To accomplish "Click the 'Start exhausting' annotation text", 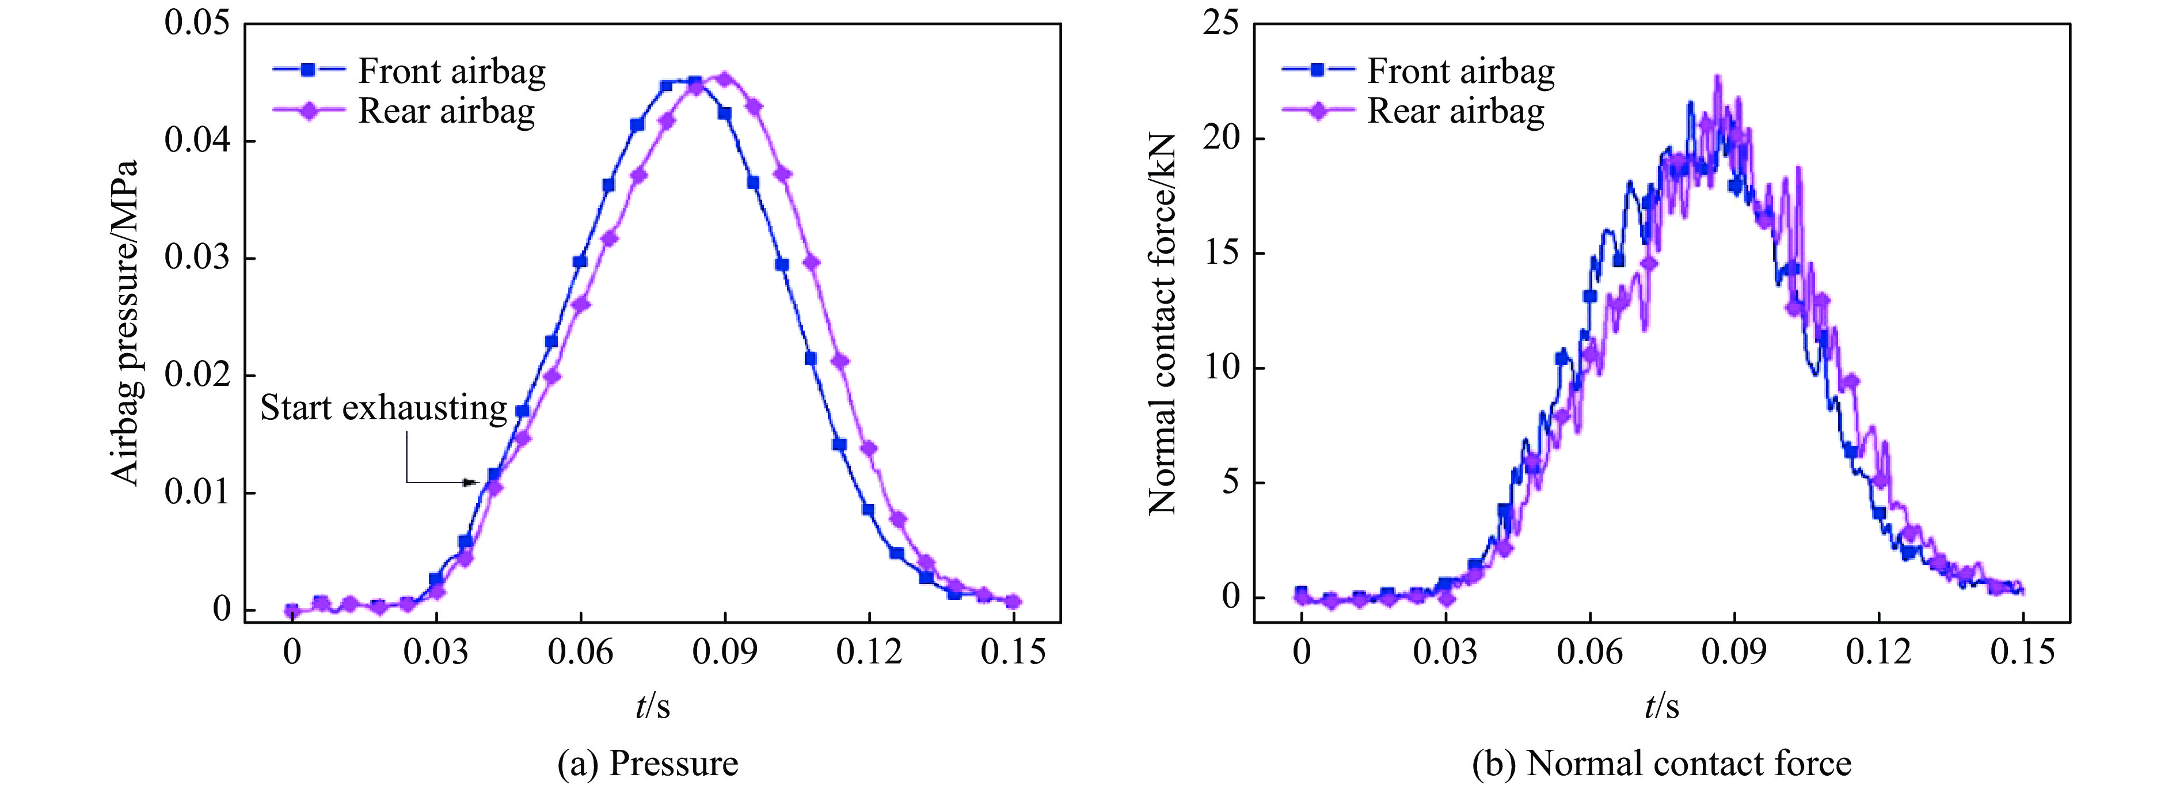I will (383, 408).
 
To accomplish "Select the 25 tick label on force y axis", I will (1220, 23).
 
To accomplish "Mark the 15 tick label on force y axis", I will (1220, 253).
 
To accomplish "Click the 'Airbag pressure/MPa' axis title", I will (125, 323).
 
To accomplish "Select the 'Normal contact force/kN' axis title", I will (1162, 323).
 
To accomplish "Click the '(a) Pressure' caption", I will (648, 764).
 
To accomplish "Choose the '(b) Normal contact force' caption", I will (1661, 764).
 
